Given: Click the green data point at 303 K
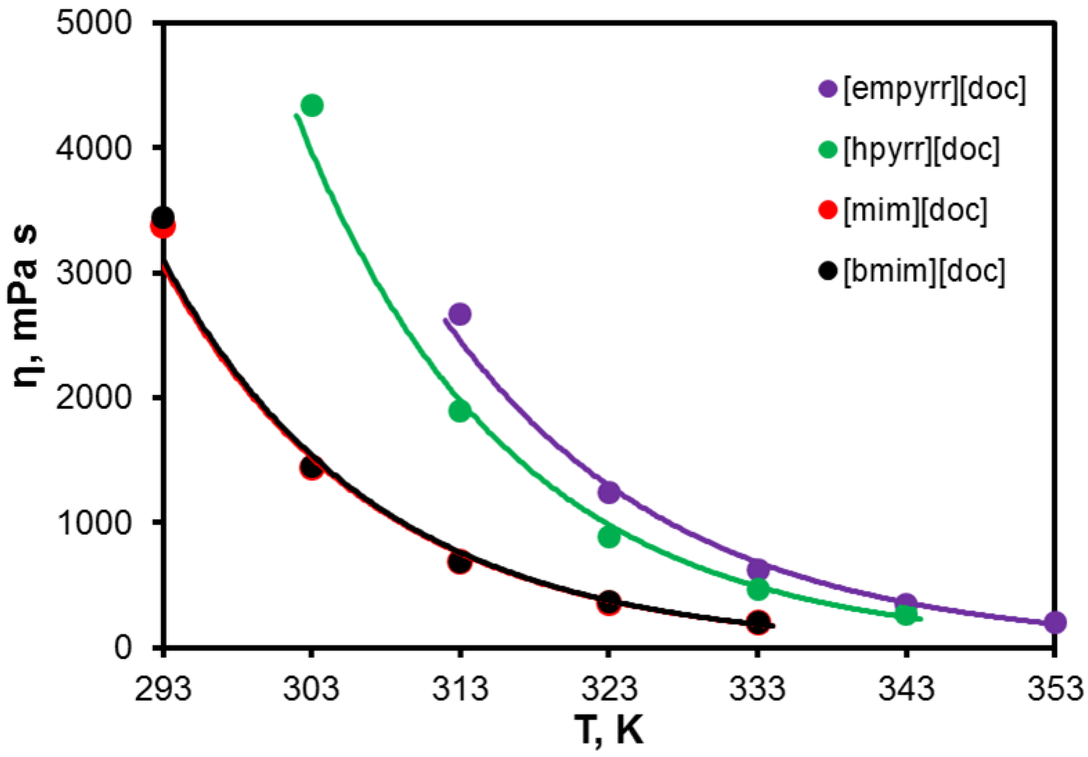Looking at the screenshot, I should (312, 105).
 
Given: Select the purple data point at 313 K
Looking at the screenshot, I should (459, 314).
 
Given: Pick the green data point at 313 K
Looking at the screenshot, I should (459, 411).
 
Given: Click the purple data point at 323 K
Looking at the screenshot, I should (609, 492).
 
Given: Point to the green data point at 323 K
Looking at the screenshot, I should (609, 536).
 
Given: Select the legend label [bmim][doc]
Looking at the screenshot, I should (924, 271).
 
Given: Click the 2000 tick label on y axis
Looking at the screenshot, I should (93, 398).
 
